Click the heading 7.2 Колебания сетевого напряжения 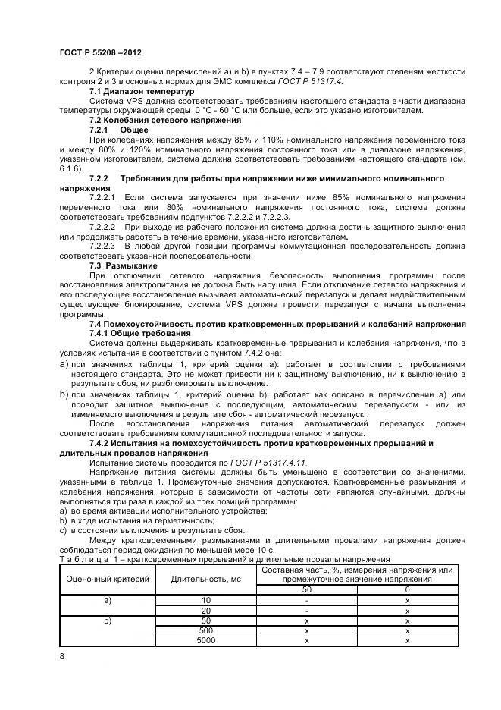(165, 120)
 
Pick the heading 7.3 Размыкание (124, 265)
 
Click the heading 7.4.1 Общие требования (139, 333)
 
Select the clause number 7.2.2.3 (102, 247)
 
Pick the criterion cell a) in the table (107, 600)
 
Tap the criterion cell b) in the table (107, 620)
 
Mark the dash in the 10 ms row (307, 600)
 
